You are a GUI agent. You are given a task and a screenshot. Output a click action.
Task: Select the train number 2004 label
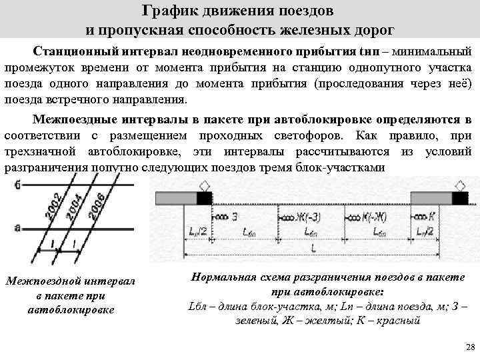click(x=73, y=206)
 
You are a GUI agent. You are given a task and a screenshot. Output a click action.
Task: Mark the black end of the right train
click(x=460, y=197)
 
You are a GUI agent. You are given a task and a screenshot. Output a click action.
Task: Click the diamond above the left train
click(x=205, y=185)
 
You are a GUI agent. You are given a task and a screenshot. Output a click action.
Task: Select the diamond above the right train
click(x=460, y=185)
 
